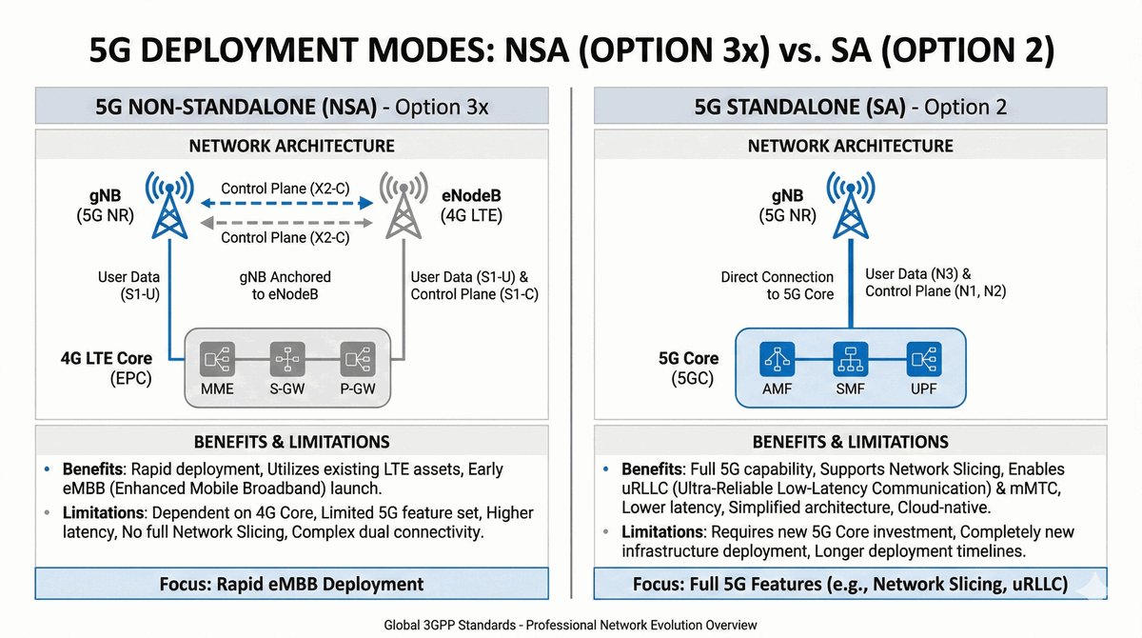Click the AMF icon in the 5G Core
[x=776, y=360]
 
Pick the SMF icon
[x=847, y=360]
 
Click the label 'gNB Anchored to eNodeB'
[x=285, y=286]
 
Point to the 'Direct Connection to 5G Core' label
[x=777, y=286]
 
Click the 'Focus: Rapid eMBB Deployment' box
[x=290, y=583]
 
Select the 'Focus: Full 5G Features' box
[x=849, y=583]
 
